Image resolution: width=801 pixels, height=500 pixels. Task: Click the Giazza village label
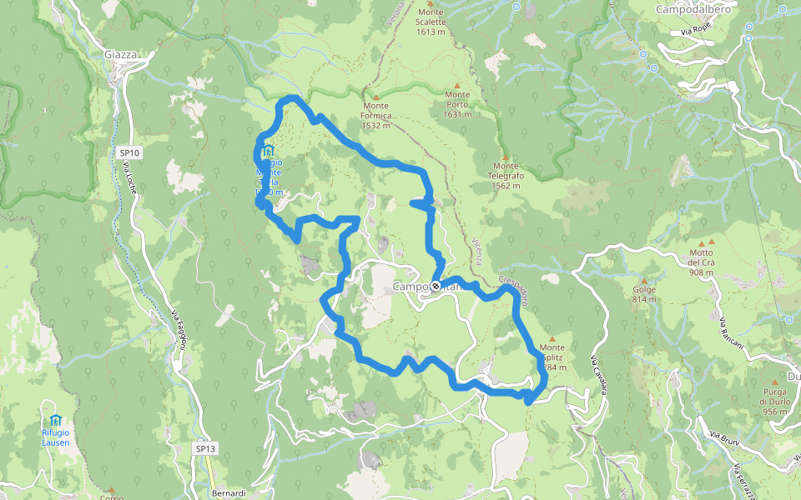click(x=120, y=55)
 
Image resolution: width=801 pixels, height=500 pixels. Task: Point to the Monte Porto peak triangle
click(x=457, y=85)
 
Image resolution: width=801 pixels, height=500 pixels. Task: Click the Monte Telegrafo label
click(x=506, y=176)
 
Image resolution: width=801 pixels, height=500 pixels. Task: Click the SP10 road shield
click(x=129, y=152)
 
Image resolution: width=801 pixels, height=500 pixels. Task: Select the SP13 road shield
click(x=205, y=448)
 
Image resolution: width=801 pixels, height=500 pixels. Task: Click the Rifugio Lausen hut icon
click(x=56, y=419)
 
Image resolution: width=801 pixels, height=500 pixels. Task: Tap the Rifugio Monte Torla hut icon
click(x=269, y=152)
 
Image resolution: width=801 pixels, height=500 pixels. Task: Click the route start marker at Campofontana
click(x=436, y=286)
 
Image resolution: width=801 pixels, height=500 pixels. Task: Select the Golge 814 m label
click(x=645, y=295)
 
